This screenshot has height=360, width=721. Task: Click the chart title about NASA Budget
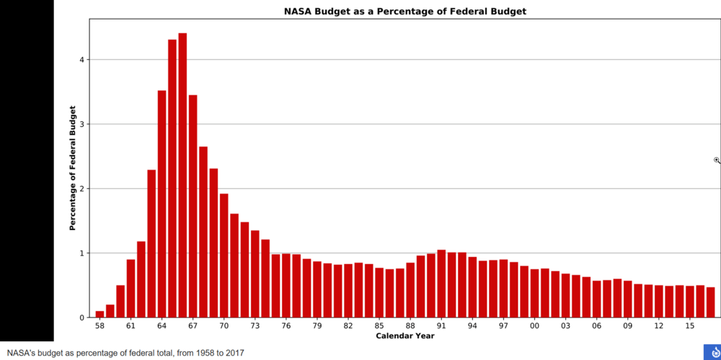coord(404,12)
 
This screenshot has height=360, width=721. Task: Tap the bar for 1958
coord(99,315)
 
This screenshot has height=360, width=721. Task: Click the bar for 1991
coord(441,284)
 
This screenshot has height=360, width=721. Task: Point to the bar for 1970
coord(224,255)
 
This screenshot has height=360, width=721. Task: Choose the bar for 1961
coord(131,289)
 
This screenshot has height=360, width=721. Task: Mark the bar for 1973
coord(255,274)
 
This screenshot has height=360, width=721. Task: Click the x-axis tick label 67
coord(193,326)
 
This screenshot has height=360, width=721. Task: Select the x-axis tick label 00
coord(534,326)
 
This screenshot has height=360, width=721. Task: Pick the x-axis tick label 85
coord(379,326)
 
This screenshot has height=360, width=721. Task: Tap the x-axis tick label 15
coord(689,326)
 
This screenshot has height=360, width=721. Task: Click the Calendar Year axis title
coord(404,335)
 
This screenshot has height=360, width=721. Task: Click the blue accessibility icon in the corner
coord(712,351)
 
